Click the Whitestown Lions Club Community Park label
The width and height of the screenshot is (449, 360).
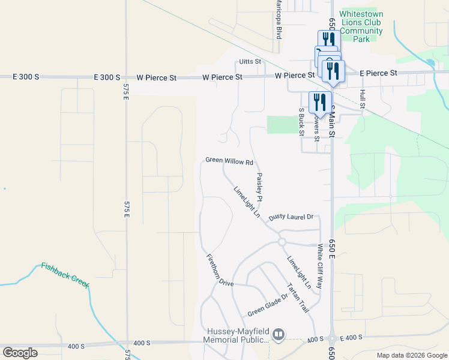click(x=361, y=26)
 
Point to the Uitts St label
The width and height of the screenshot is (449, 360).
click(x=250, y=62)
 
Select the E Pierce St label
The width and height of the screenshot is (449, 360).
click(x=378, y=73)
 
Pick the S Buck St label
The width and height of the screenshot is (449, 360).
click(x=301, y=122)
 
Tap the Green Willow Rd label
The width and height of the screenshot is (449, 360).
click(x=229, y=161)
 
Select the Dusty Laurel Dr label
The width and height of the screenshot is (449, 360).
click(x=292, y=217)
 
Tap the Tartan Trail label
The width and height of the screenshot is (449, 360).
click(x=298, y=298)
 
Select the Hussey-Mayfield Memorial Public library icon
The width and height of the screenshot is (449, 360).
click(x=278, y=334)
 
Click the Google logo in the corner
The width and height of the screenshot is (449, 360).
click(x=20, y=353)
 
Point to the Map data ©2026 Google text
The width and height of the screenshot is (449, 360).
click(x=411, y=355)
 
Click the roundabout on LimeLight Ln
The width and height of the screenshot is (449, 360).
click(x=281, y=242)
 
